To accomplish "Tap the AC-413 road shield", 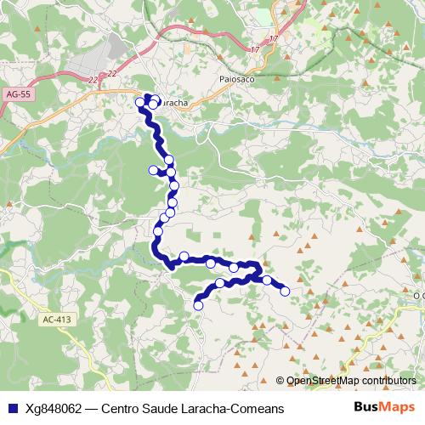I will [52, 320].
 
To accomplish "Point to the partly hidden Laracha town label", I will [174, 103].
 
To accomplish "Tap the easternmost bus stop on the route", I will [285, 291].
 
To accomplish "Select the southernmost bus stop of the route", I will [198, 305].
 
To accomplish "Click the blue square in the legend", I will [11, 408].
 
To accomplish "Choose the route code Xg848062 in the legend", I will [54, 408].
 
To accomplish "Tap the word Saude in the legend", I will [165, 408].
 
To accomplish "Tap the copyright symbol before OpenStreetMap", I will [280, 381].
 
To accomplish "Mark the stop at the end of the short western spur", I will [153, 170].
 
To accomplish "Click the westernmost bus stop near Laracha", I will [140, 103].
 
